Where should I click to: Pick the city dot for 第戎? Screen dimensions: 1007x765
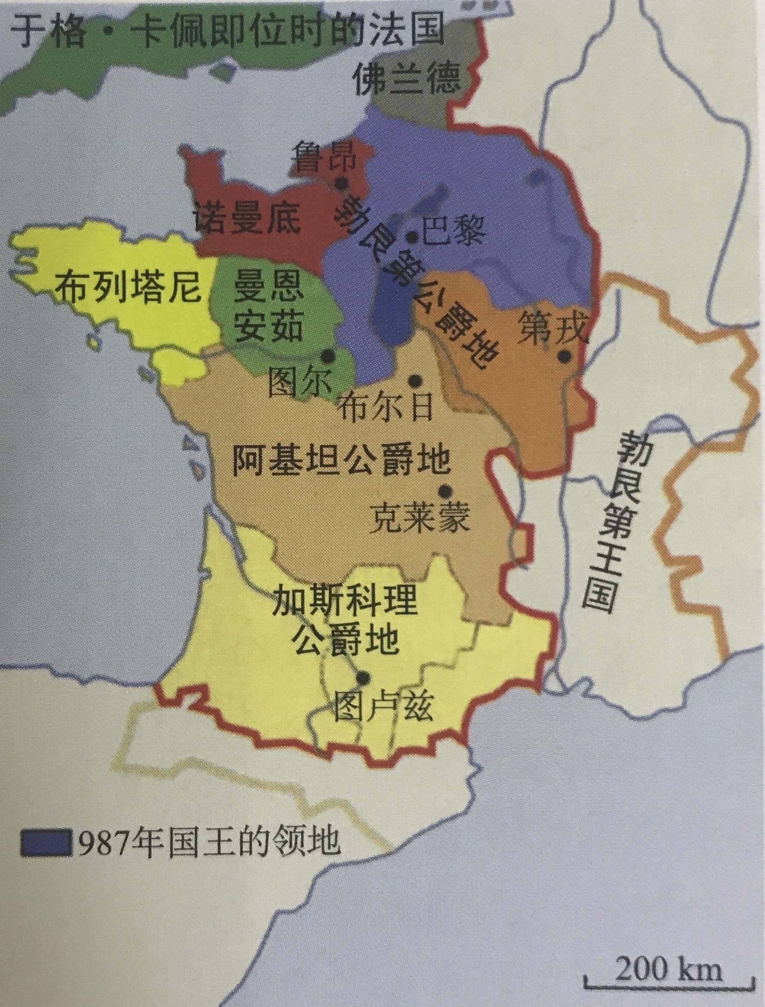[x=565, y=356]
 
